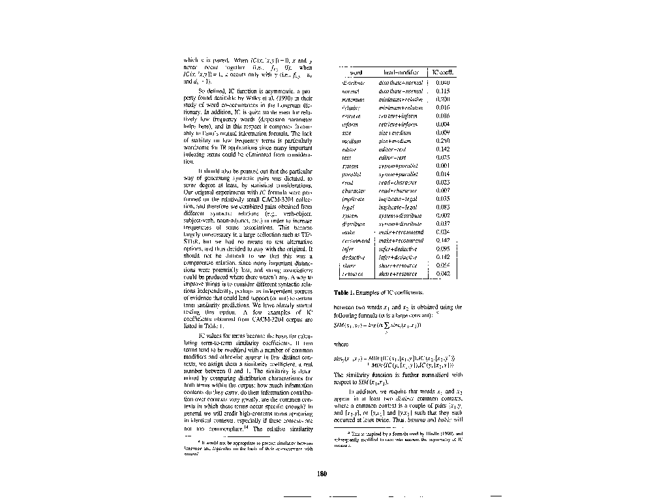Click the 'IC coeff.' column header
442,72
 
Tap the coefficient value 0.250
442,140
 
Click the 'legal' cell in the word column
347,207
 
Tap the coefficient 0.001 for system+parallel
442,166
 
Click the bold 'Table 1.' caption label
344,292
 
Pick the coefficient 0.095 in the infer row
442,249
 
